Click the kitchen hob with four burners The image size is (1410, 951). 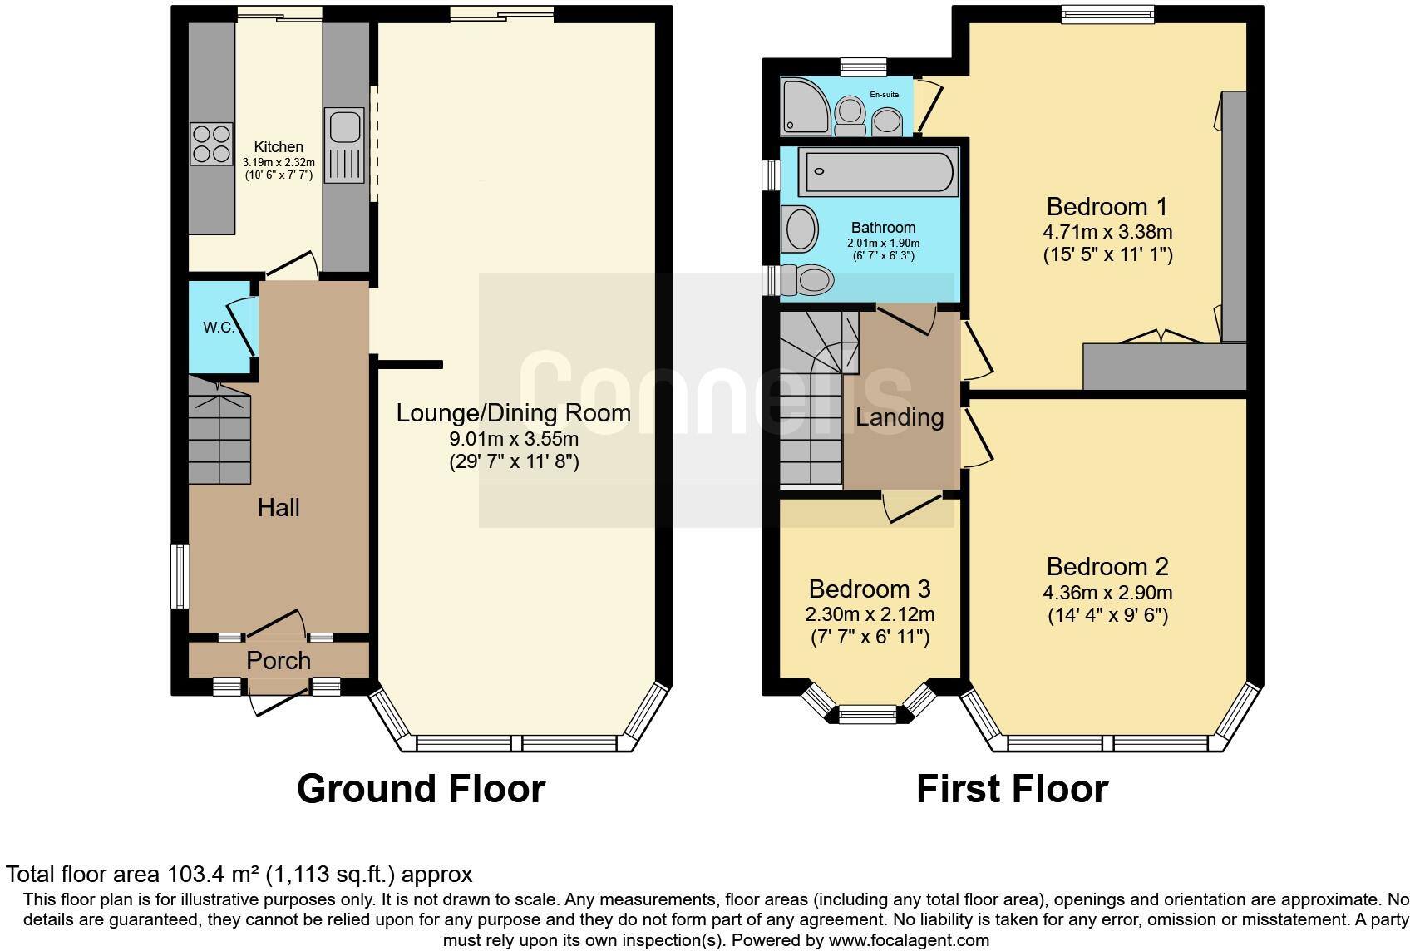tap(211, 144)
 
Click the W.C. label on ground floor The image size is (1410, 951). tap(219, 328)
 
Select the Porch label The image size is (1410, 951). tap(279, 661)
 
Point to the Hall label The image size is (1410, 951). tap(278, 508)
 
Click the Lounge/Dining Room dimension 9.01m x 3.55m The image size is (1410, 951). tap(513, 438)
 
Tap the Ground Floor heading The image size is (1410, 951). tap(421, 789)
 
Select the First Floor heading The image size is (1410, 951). tap(1012, 789)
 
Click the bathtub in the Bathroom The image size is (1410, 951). tap(876, 172)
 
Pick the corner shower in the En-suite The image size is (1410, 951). tap(804, 106)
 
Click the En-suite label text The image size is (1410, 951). tap(884, 95)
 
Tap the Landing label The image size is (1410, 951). tap(900, 417)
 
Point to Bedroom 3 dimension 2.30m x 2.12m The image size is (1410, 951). tap(870, 615)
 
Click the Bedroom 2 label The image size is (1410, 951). tap(1107, 567)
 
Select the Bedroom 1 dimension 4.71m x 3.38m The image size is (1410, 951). tap(1107, 232)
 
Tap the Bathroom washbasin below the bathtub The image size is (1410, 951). tap(801, 229)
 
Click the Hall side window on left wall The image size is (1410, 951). tap(178, 576)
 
